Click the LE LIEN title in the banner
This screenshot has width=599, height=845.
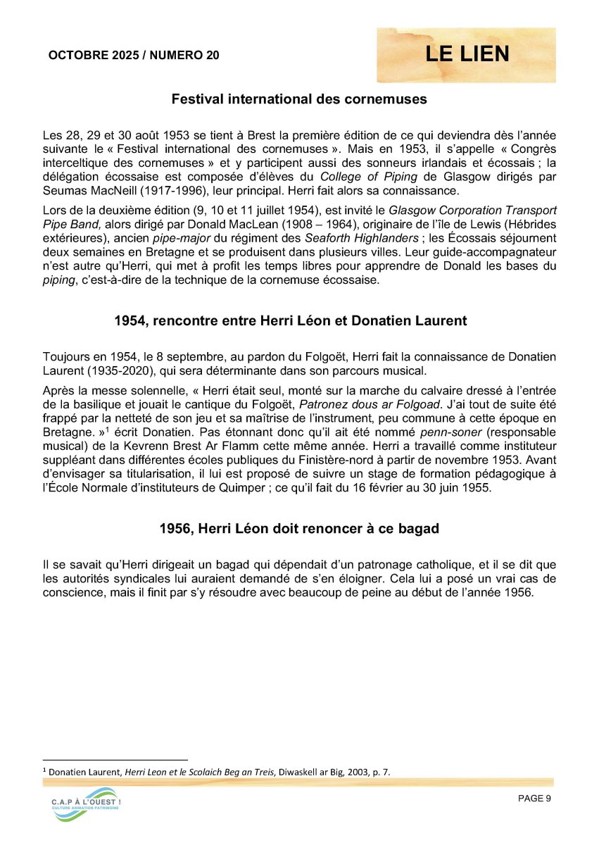click(x=467, y=54)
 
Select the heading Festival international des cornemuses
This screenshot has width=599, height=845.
click(x=299, y=99)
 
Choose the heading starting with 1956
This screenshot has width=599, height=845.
click(x=299, y=528)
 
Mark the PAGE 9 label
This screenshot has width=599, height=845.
click(x=534, y=799)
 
